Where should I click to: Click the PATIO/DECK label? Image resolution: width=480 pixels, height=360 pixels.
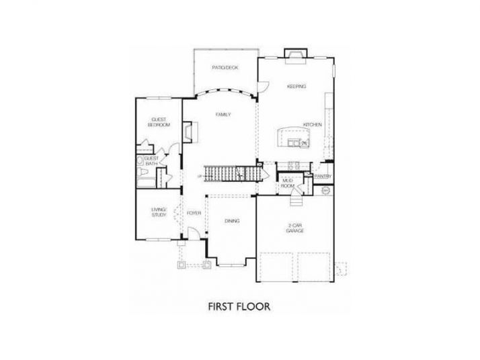225,67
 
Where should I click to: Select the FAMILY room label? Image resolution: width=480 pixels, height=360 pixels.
223,114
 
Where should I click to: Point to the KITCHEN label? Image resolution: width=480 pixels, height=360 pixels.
312,125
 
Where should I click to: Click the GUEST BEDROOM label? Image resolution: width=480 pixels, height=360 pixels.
159,122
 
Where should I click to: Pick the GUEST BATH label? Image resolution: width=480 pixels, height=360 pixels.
151,161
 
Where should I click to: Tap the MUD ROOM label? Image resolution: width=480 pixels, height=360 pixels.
288,183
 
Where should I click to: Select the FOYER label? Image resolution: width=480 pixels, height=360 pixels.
194,213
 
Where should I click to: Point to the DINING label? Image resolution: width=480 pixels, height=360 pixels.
232,220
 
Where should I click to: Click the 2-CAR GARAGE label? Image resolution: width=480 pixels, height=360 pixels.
296,228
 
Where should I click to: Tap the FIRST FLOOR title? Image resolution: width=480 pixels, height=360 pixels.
239,307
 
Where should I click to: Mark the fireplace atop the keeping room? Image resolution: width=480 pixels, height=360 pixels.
294,53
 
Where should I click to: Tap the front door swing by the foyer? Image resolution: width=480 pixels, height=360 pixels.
192,233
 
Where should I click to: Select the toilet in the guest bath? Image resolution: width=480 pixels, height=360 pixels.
141,161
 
